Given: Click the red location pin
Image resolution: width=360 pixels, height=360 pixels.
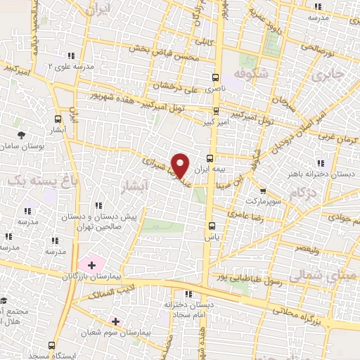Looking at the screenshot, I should (181, 165).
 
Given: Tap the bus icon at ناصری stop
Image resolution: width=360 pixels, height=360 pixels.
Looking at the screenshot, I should (214, 78).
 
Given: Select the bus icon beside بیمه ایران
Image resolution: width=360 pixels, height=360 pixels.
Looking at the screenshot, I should (210, 157).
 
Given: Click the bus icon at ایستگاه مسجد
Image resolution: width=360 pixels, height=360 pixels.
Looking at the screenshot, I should (51, 345).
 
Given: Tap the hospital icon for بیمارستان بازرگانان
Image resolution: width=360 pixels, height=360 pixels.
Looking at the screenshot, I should (91, 264).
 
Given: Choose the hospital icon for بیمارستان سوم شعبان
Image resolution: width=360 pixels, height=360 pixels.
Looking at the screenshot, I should (115, 321).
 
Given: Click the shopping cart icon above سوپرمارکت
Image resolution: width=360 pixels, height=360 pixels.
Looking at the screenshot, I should (262, 190).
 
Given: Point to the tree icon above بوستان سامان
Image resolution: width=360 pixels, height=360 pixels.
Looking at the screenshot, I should (21, 134).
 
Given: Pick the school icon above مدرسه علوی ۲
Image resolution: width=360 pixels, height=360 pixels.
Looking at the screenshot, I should (70, 55).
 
